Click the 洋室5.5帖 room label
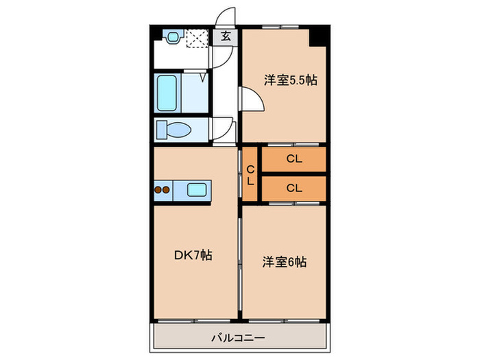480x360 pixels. click(x=291, y=80)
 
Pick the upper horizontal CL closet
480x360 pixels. click(x=293, y=160)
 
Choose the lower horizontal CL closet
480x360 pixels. click(x=293, y=187)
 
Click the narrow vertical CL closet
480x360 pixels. click(x=250, y=175)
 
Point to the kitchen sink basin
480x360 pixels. click(x=198, y=190)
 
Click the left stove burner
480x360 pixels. click(x=158, y=190)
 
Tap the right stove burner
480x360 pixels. click(x=168, y=190)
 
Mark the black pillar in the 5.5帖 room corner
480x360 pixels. click(x=317, y=36)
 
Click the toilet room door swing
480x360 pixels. click(x=223, y=128)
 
